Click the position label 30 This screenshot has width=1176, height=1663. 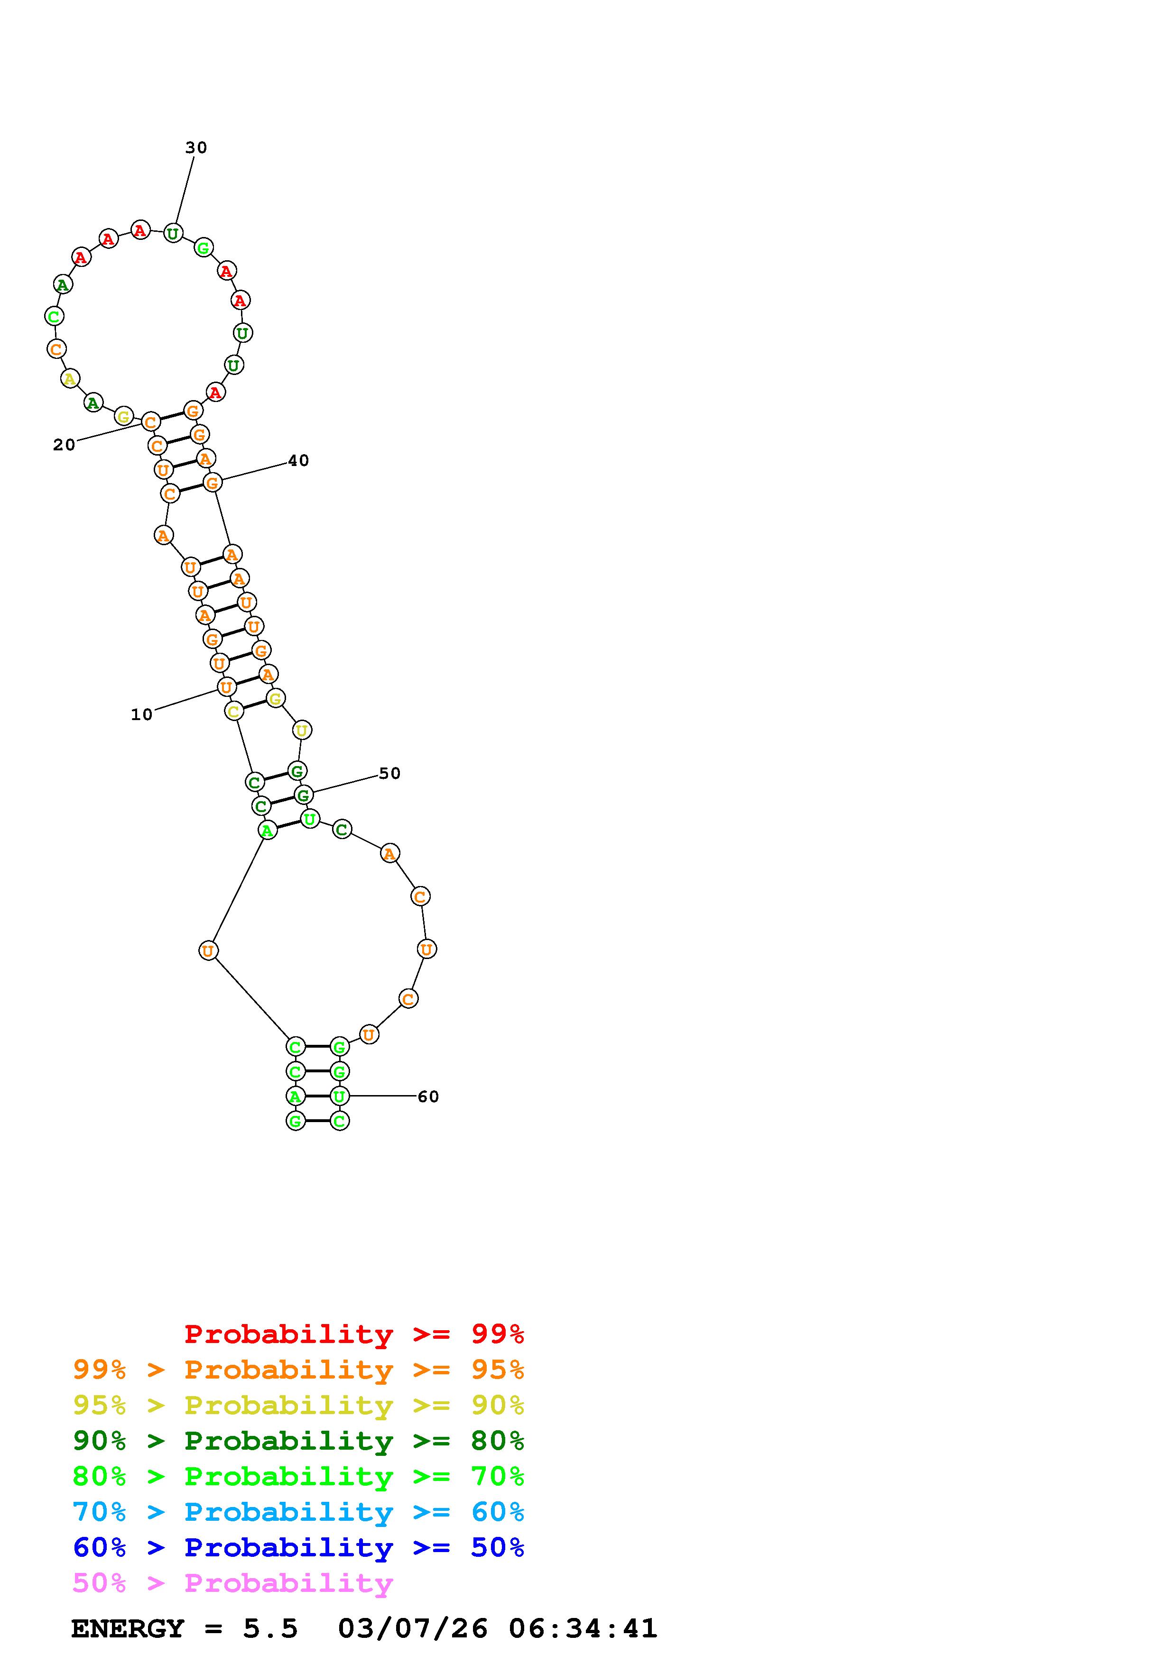[195, 148]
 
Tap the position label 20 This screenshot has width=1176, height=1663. [64, 445]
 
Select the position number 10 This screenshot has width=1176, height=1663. [142, 714]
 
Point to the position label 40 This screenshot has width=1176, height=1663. [298, 461]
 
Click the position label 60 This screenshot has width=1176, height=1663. [428, 1096]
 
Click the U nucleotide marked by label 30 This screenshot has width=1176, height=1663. [173, 233]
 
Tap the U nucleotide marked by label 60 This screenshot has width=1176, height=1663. [339, 1096]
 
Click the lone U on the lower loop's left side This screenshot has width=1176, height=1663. [208, 950]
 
